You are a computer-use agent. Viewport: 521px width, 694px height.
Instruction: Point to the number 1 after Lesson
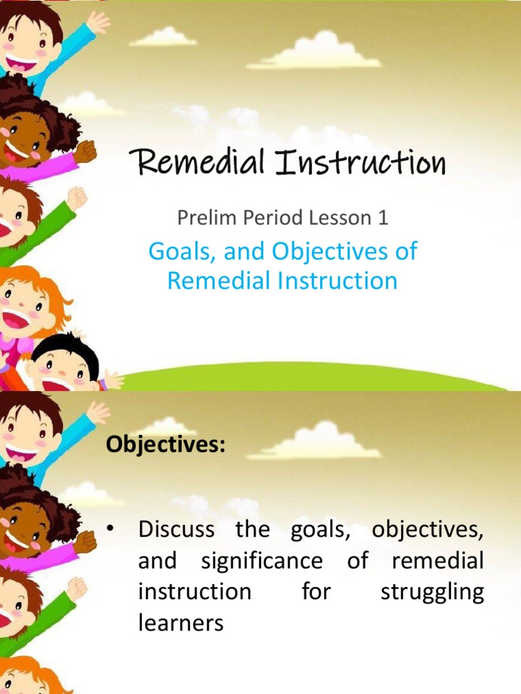(385, 218)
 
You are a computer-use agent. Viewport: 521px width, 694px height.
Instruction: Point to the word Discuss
(176, 529)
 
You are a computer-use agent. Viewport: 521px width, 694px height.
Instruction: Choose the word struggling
(432, 592)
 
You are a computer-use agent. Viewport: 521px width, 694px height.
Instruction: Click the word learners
(180, 623)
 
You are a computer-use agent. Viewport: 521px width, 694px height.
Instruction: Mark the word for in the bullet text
(316, 592)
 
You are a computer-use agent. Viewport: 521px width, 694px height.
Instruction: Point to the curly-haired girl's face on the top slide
(24, 136)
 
